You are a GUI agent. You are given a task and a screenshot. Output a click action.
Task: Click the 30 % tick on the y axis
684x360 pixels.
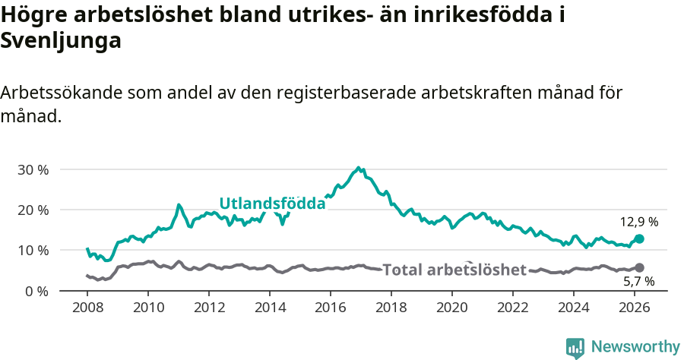pyautogui.click(x=33, y=169)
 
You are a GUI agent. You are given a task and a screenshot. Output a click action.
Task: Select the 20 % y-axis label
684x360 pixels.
pyautogui.click(x=33, y=210)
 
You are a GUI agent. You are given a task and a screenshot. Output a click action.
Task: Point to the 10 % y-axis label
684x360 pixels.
pyautogui.click(x=33, y=250)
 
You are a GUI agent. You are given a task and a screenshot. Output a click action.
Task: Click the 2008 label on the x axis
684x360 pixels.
pyautogui.click(x=87, y=308)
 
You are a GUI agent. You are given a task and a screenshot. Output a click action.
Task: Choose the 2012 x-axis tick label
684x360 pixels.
pyautogui.click(x=209, y=308)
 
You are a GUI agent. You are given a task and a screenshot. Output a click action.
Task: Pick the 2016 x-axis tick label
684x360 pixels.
pyautogui.click(x=331, y=308)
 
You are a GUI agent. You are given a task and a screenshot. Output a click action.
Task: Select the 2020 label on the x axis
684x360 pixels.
pyautogui.click(x=452, y=308)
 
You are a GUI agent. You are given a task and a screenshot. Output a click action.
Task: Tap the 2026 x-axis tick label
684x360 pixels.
pyautogui.click(x=635, y=308)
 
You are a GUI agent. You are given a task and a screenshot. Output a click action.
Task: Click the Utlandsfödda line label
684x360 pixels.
pyautogui.click(x=272, y=204)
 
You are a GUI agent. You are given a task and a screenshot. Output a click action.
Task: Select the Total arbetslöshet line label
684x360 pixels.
pyautogui.click(x=454, y=270)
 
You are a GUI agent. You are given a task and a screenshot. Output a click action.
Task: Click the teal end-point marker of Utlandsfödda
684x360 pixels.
pyautogui.click(x=639, y=238)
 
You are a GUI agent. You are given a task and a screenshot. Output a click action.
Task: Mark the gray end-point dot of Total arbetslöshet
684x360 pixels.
pyautogui.click(x=639, y=267)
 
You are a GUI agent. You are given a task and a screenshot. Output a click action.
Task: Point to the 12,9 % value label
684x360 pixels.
pyautogui.click(x=638, y=223)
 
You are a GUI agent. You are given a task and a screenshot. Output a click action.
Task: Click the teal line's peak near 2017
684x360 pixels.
pyautogui.click(x=359, y=168)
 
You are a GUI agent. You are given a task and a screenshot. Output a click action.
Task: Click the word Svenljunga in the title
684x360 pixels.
pyautogui.click(x=62, y=42)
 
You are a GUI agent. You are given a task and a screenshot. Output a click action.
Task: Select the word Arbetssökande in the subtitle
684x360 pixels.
pyautogui.click(x=62, y=93)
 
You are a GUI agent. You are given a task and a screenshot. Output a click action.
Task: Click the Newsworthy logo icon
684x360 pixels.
pyautogui.click(x=575, y=347)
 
